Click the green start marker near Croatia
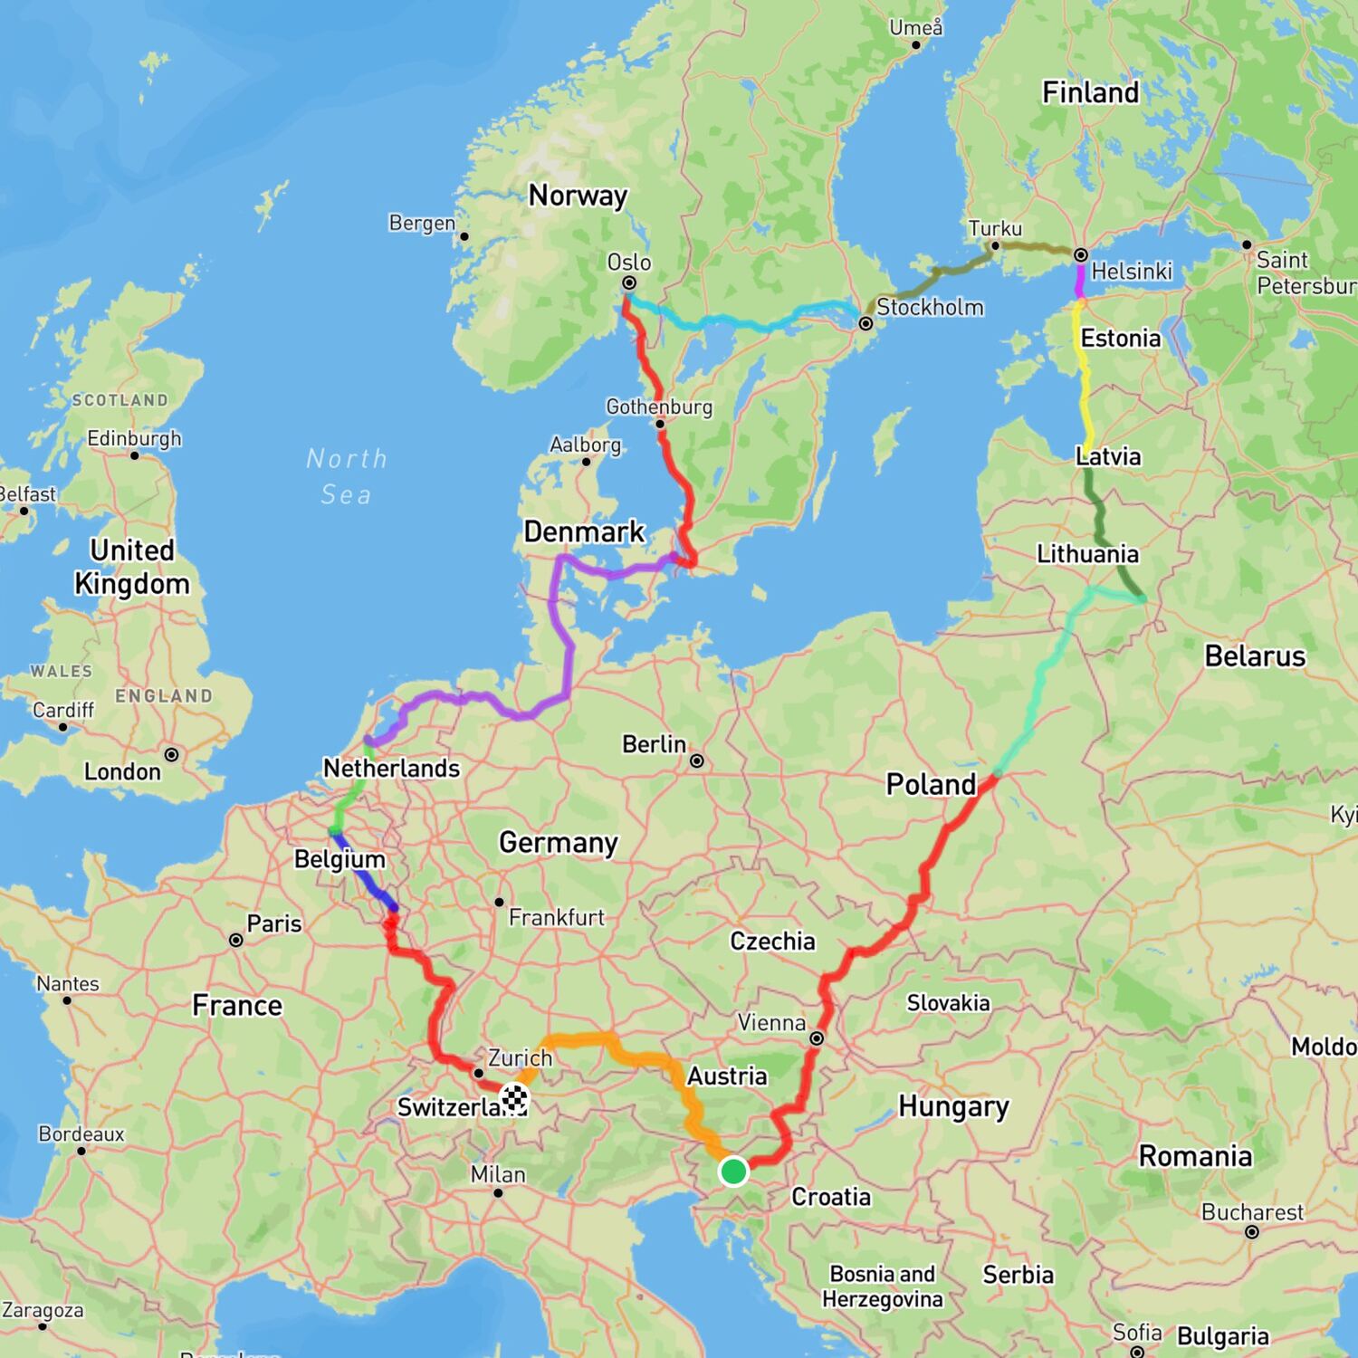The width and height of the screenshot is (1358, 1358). tap(733, 1171)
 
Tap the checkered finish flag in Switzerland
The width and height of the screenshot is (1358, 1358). tap(515, 1098)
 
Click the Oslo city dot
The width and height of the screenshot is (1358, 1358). tap(629, 283)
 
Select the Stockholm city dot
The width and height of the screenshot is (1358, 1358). tap(865, 323)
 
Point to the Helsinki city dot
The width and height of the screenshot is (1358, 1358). tap(1080, 255)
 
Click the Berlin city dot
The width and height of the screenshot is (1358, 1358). tap(697, 761)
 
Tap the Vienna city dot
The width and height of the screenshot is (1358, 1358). tap(817, 1038)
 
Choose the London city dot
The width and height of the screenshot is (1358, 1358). tap(171, 754)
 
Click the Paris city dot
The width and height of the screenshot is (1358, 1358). tap(236, 940)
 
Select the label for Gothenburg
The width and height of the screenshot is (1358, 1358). tap(659, 406)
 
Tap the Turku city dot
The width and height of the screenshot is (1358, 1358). tap(995, 245)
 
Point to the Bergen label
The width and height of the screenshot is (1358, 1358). tap(422, 223)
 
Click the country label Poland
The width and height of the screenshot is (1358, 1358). tap(931, 784)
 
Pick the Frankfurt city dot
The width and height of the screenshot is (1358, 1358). tap(499, 902)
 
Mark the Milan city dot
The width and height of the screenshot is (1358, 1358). tap(498, 1193)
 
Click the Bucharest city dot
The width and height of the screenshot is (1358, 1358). tap(1252, 1232)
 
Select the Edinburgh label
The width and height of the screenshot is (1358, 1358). tap(134, 438)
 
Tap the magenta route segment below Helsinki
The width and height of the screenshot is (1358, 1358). tap(1079, 281)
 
